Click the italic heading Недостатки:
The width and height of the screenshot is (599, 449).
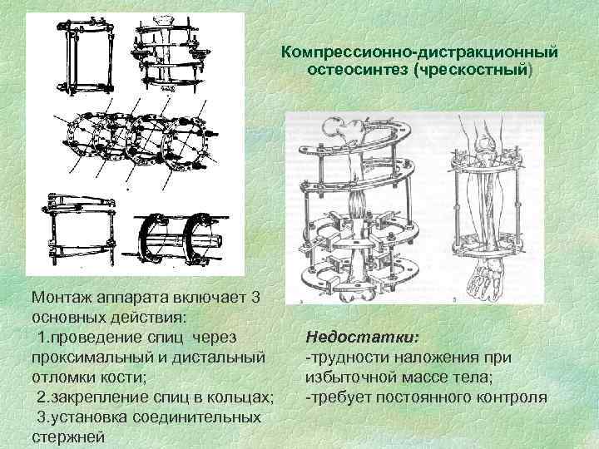pos(363,338)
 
